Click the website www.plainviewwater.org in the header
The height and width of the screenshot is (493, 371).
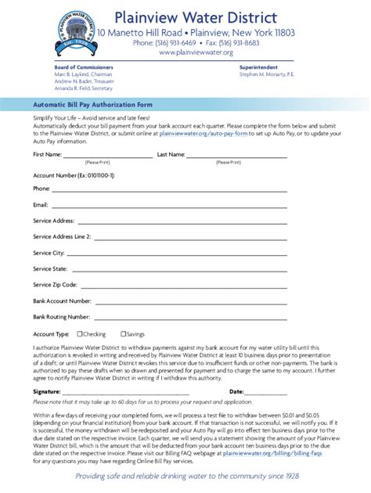click(196, 52)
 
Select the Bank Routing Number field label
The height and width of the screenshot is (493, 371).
click(61, 317)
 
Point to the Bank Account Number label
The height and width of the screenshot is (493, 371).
click(63, 300)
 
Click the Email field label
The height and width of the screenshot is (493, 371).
click(41, 204)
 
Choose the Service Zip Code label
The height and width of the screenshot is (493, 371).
click(55, 285)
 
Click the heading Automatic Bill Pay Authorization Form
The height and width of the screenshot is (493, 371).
click(92, 104)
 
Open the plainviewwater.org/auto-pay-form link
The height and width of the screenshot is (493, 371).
click(204, 134)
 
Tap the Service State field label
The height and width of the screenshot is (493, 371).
click(50, 268)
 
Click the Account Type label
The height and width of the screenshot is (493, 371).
click(50, 334)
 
